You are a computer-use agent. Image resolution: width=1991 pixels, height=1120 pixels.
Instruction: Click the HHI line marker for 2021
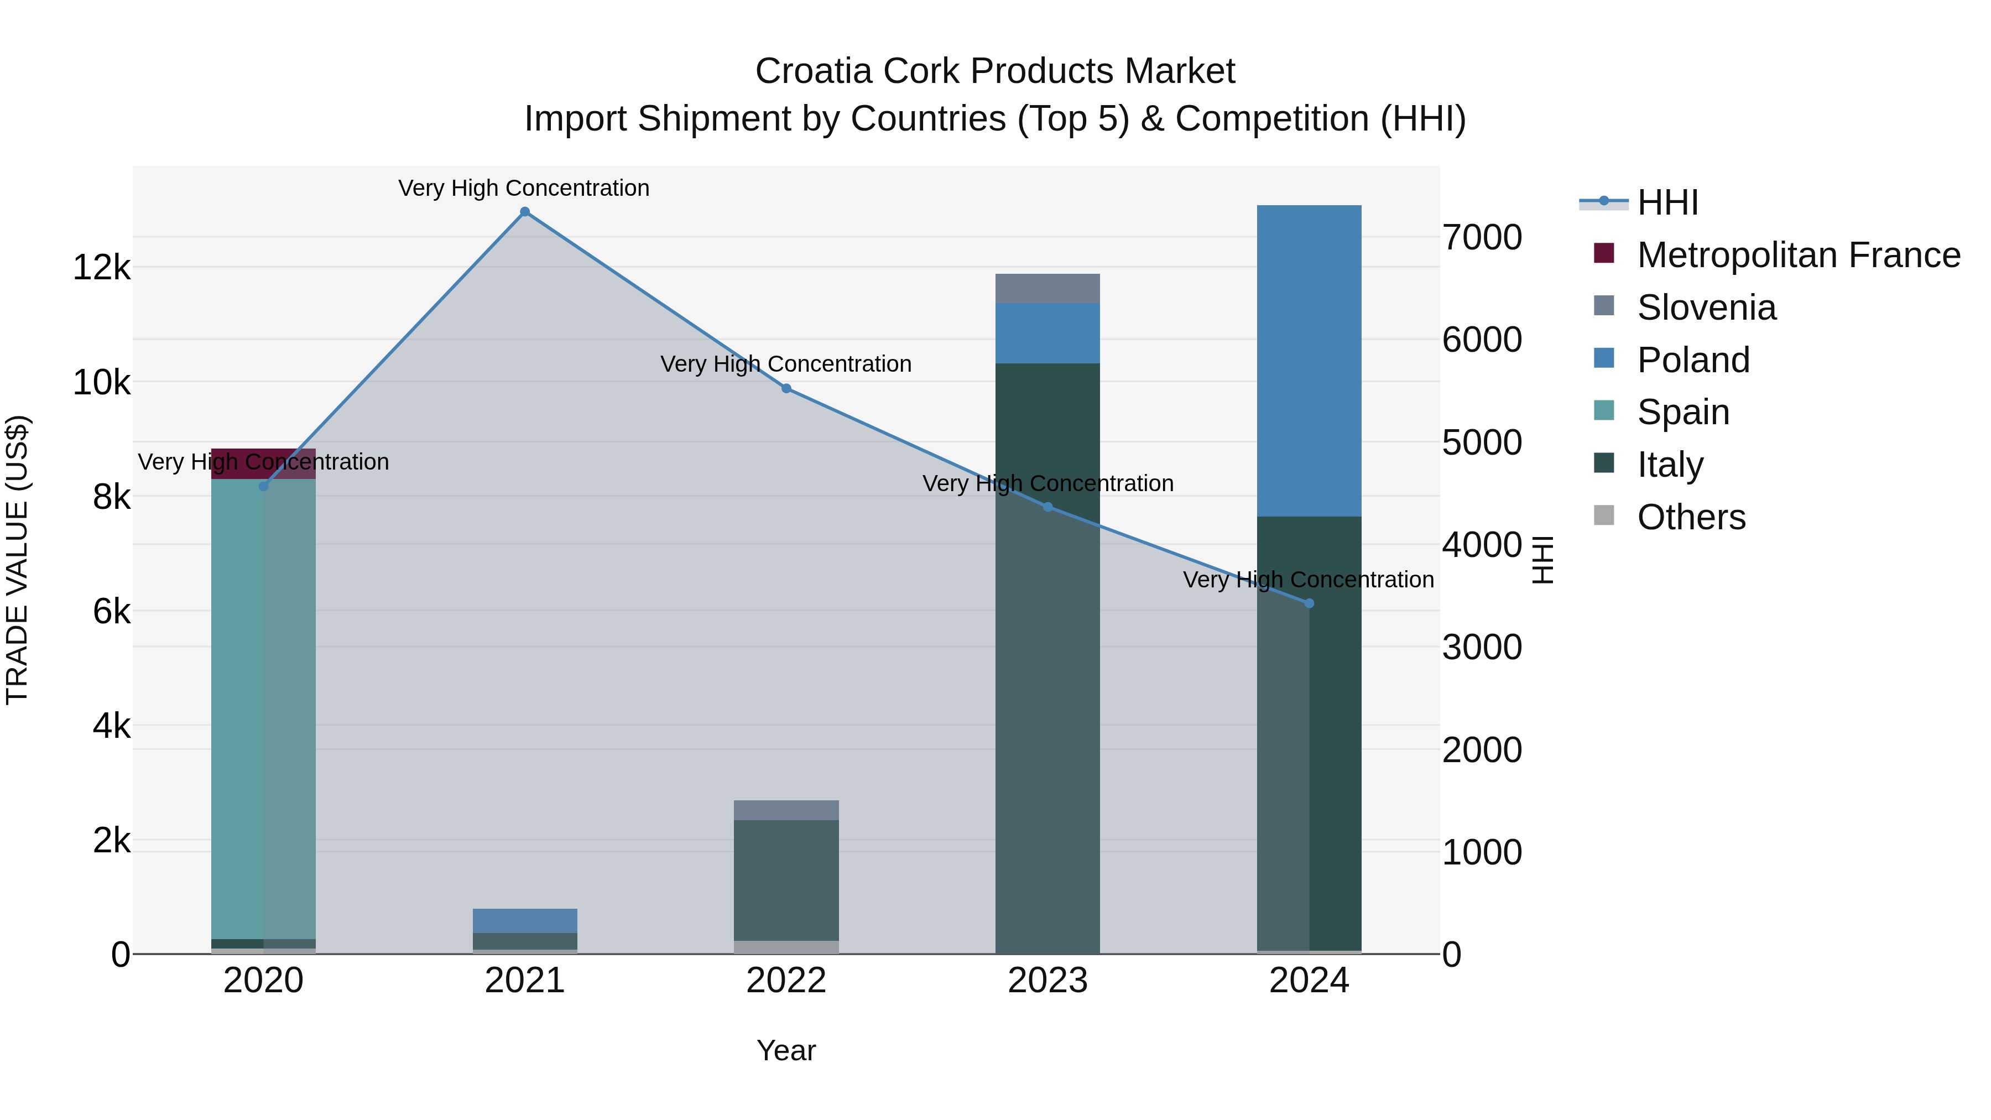coord(525,212)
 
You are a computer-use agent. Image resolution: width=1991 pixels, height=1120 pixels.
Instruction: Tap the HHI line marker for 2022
coord(786,389)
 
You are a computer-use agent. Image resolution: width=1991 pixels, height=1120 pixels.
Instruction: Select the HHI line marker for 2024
coord(1309,603)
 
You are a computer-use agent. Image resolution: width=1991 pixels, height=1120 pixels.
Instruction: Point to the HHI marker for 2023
coord(1048,507)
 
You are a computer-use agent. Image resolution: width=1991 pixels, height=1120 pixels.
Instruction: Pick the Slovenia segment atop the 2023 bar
coord(1047,288)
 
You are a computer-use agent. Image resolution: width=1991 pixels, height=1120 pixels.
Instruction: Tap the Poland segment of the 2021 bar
coord(525,920)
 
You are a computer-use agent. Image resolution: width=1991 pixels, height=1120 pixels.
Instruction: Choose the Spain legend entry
coord(1682,412)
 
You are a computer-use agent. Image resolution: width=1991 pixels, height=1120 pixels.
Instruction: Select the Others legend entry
coord(1690,517)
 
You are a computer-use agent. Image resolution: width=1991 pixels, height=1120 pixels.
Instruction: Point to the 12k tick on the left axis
coord(101,268)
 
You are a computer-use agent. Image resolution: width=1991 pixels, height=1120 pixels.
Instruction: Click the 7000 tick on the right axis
coord(1482,237)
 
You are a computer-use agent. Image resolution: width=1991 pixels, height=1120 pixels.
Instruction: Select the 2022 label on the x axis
coord(786,981)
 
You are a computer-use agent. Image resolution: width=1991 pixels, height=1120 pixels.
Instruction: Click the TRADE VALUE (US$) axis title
coord(17,560)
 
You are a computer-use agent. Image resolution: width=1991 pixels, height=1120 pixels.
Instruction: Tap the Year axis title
coord(786,1050)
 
